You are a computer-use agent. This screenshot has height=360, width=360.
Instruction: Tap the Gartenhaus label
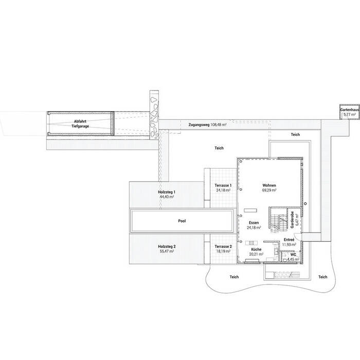click(x=350, y=111)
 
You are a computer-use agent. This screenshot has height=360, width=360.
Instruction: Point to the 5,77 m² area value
click(x=350, y=115)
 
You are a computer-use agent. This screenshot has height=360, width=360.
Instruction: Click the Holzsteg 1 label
click(x=167, y=192)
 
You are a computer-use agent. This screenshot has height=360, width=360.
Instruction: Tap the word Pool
click(x=182, y=221)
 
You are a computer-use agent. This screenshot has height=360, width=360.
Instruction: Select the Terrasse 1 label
click(x=223, y=185)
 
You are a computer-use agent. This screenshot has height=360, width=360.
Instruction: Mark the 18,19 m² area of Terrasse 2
click(x=223, y=252)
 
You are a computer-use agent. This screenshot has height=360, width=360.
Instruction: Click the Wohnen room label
click(x=269, y=185)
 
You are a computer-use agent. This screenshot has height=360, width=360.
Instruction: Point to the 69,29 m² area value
click(x=269, y=190)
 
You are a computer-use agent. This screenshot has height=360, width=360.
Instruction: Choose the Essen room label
click(x=254, y=223)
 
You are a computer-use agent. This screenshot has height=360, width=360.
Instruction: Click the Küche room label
click(x=257, y=249)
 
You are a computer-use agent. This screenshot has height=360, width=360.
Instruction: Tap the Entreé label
click(x=289, y=240)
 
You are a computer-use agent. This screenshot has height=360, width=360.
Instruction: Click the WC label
click(x=293, y=254)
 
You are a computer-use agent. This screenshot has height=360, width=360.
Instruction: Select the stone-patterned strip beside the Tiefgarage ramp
click(x=154, y=115)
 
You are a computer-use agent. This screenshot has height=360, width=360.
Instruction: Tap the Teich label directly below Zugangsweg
click(x=219, y=148)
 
